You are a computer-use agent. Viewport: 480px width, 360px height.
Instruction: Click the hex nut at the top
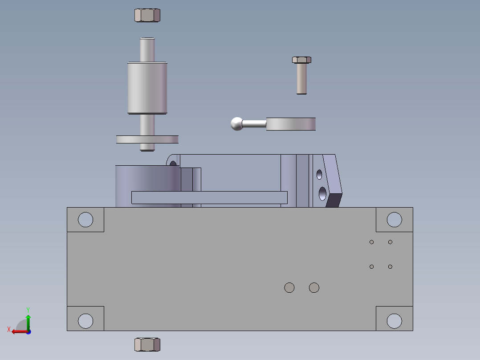(147, 15)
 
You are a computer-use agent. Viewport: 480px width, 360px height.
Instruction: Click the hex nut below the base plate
(147, 344)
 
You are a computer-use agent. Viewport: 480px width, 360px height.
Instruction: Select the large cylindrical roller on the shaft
(147, 88)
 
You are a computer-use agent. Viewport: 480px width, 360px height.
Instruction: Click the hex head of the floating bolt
(301, 60)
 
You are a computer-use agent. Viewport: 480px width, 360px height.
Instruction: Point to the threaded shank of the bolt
(301, 79)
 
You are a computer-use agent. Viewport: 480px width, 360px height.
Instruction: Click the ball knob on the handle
(237, 123)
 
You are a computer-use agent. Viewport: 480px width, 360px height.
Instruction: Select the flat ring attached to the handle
(291, 124)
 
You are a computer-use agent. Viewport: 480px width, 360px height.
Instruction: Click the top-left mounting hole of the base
(85, 219)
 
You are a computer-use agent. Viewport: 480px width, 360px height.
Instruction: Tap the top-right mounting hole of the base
(394, 219)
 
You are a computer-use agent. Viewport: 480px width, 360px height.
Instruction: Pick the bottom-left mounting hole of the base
(85, 320)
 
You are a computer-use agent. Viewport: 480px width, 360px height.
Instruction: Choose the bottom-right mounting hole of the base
(394, 320)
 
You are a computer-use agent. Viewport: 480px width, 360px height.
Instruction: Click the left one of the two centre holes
(289, 287)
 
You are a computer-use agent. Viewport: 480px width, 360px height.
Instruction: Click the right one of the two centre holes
(314, 287)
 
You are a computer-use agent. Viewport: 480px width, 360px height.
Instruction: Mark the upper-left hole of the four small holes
(372, 242)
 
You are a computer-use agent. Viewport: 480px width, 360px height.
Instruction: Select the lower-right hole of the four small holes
(390, 266)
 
